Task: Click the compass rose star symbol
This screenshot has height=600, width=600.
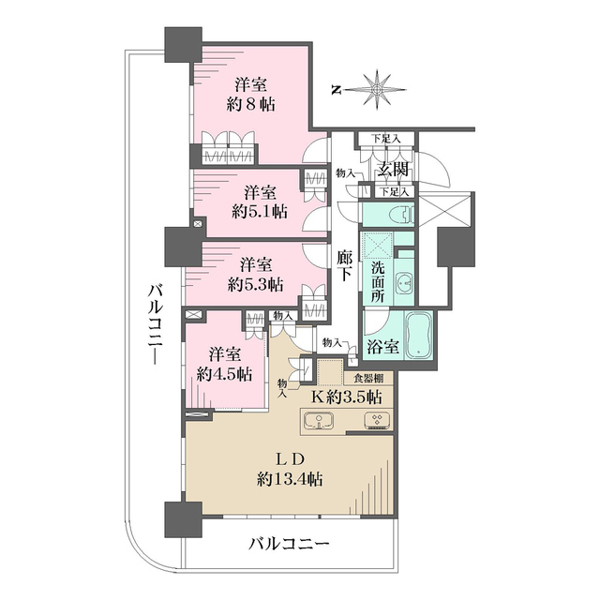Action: [x=377, y=88]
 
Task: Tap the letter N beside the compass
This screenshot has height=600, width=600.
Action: [x=336, y=89]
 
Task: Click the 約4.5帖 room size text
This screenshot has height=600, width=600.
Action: [x=225, y=373]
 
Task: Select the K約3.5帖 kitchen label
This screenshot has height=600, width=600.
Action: [x=347, y=397]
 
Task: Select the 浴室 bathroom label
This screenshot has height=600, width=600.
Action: [x=382, y=345]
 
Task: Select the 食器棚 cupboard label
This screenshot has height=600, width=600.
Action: [x=367, y=379]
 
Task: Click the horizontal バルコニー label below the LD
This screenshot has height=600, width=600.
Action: [x=289, y=544]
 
